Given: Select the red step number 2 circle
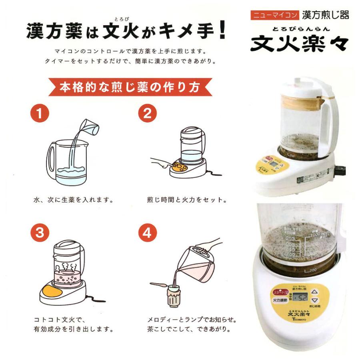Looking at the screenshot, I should pos(147,114).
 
